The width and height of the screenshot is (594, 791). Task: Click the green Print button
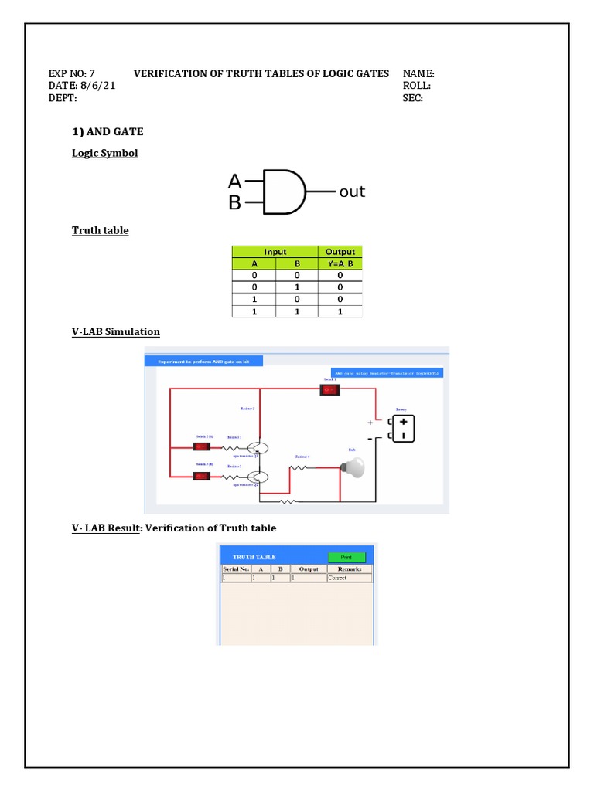click(x=346, y=557)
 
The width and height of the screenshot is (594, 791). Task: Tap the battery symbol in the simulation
click(x=403, y=429)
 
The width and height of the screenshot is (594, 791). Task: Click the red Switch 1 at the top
click(x=330, y=390)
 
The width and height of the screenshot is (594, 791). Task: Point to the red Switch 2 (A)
click(x=202, y=446)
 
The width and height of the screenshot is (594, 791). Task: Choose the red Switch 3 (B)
click(x=202, y=475)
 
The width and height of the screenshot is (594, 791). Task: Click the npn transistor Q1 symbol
click(x=260, y=448)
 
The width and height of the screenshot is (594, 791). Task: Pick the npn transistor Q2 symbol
click(x=260, y=477)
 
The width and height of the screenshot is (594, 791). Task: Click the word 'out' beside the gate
click(x=352, y=192)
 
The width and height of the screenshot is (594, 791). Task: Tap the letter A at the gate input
click(x=234, y=182)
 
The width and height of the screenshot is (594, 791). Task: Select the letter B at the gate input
click(x=234, y=203)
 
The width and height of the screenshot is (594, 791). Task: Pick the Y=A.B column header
click(x=340, y=263)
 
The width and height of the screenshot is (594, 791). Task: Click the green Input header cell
click(x=275, y=252)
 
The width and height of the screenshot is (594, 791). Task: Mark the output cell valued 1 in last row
click(x=340, y=311)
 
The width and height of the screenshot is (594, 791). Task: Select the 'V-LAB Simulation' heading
click(x=116, y=332)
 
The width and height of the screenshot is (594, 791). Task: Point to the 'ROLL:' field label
click(x=417, y=86)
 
